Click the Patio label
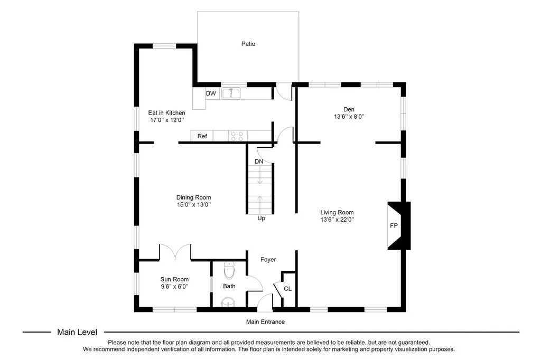(248, 44)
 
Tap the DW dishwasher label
(211, 93)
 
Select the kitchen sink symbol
(231, 93)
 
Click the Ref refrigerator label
(202, 136)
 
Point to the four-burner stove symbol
(237, 136)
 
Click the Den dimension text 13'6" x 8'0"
(349, 117)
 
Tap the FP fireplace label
(394, 225)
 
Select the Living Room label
(337, 212)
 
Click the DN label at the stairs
(259, 162)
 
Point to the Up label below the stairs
(261, 219)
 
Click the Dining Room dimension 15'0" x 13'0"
(194, 204)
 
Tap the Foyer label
(268, 260)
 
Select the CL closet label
(288, 289)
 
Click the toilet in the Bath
(229, 270)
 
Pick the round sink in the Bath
(228, 302)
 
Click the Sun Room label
(174, 279)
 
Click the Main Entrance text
(265, 321)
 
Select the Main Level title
(77, 332)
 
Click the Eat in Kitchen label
(166, 113)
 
